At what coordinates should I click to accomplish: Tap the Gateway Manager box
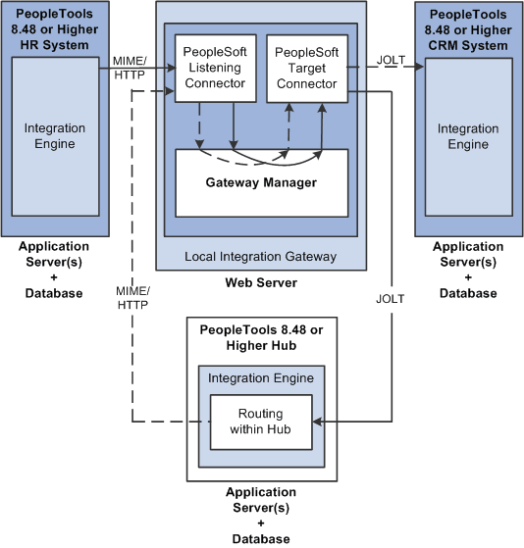(x=261, y=182)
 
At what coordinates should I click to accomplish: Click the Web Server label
(x=260, y=283)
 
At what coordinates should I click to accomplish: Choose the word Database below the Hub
(x=261, y=538)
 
